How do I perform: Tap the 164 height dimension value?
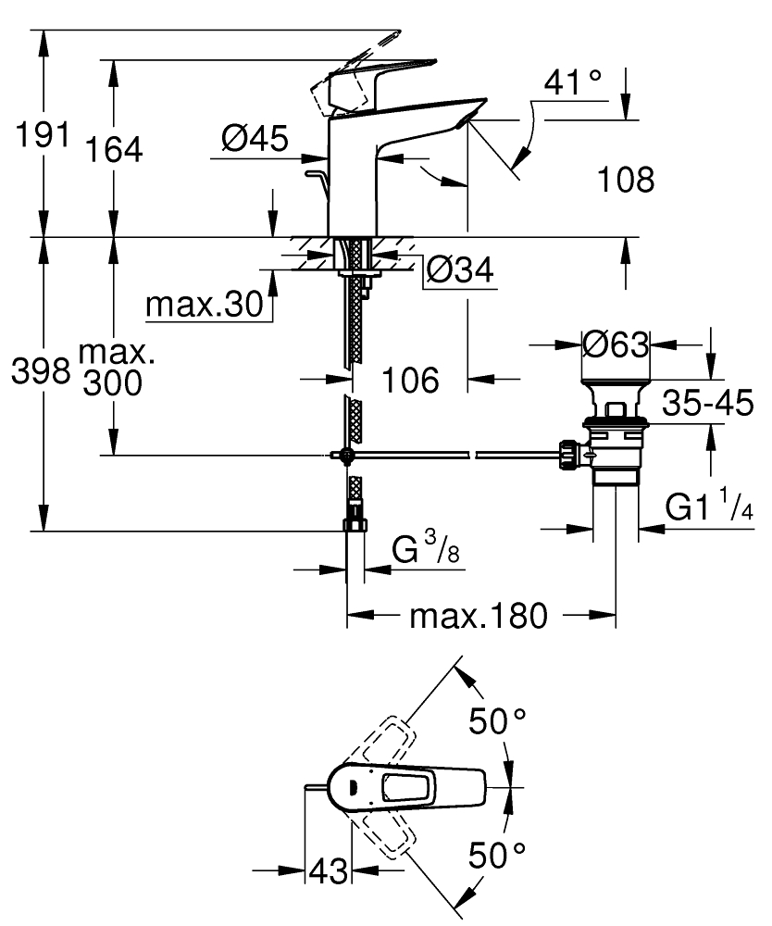115,148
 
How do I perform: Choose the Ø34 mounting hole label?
460,271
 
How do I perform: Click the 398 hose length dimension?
40,371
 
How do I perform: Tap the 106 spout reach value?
411,379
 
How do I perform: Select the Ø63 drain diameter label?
616,344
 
